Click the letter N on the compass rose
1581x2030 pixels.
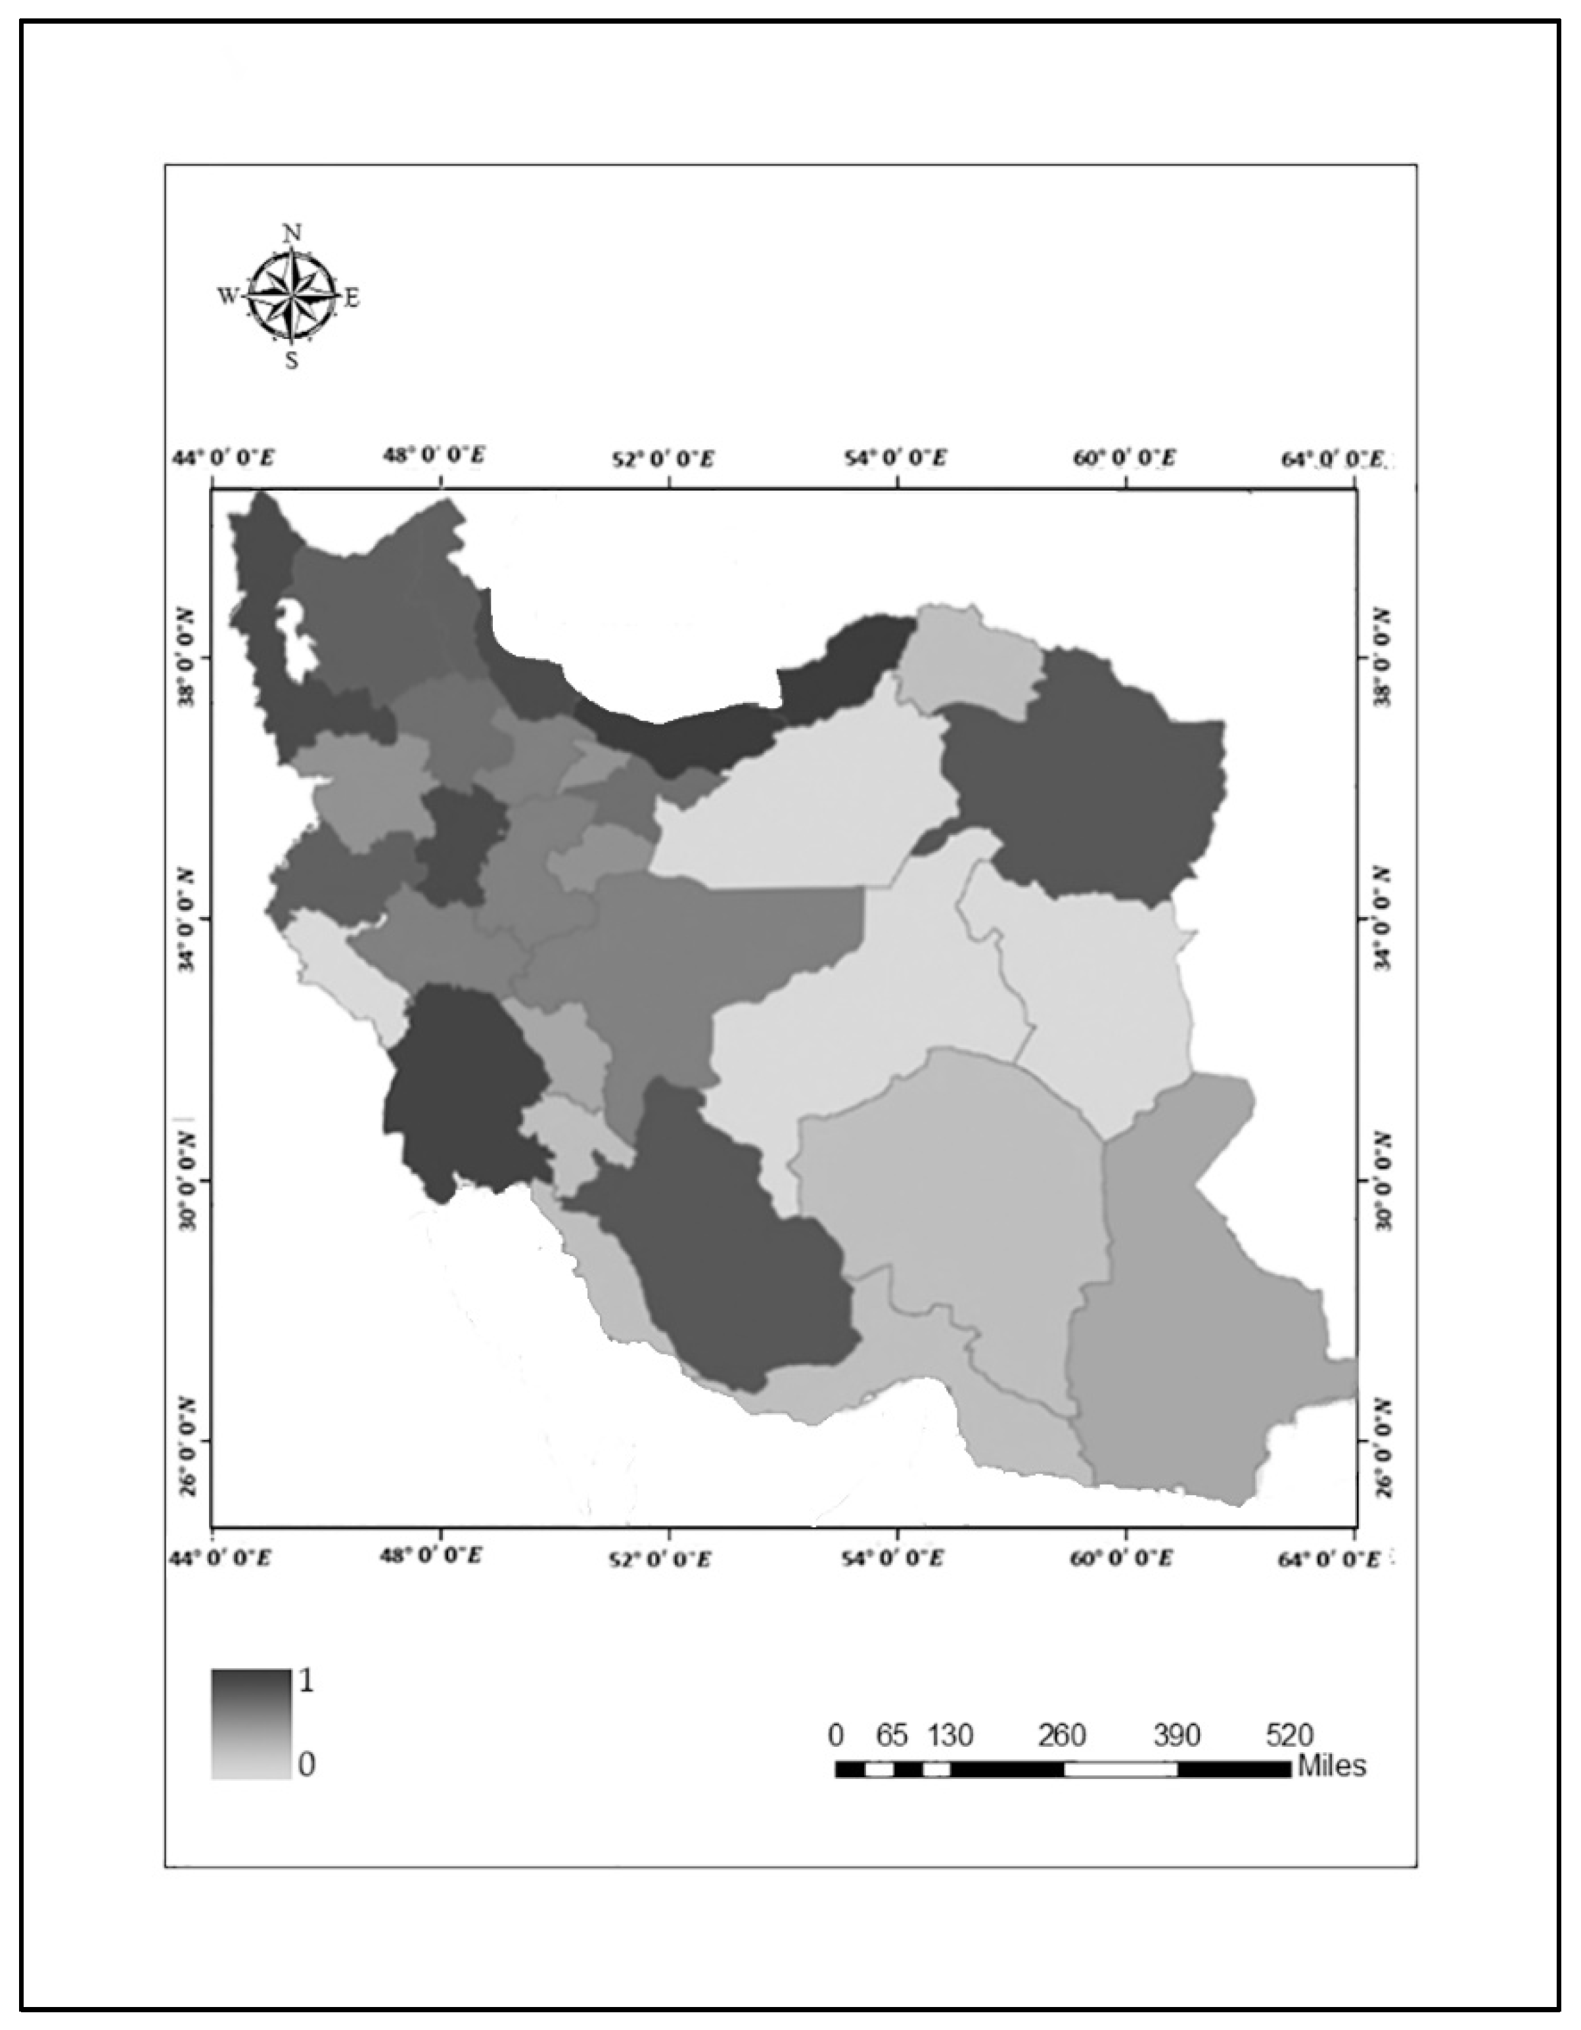pos(292,233)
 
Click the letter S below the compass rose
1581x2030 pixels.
pos(292,361)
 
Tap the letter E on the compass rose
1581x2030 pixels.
pos(352,298)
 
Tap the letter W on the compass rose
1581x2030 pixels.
pos(227,296)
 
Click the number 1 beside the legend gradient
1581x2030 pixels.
pos(305,1680)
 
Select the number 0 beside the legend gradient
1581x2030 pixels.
pos(306,1763)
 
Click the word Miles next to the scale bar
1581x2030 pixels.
pos(1331,1765)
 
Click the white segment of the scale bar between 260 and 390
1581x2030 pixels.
pos(1120,1769)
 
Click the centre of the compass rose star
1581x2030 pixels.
pos(292,296)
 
